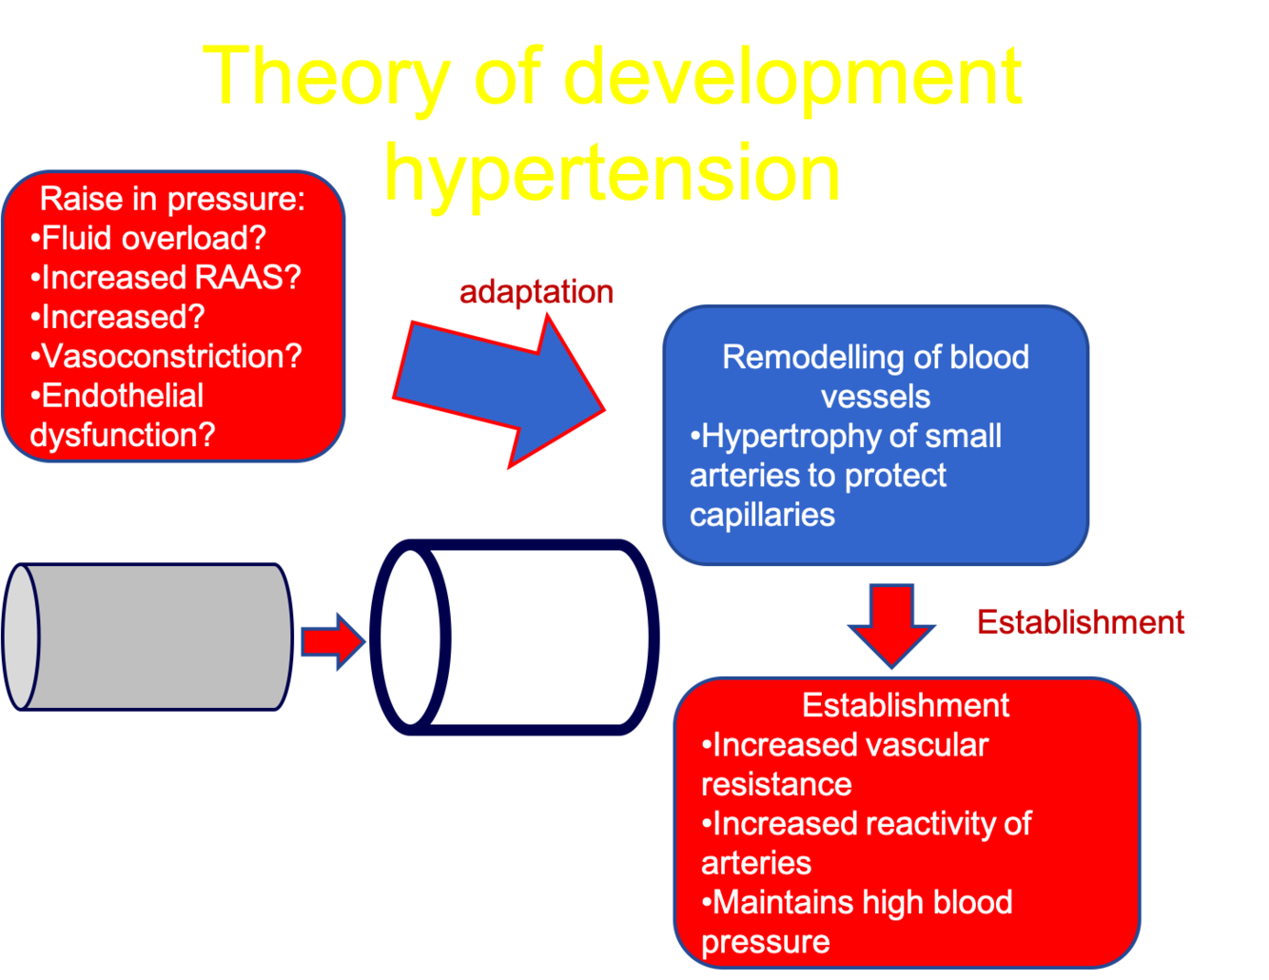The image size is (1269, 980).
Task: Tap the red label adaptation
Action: click(x=537, y=292)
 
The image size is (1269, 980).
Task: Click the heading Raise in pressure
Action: click(x=172, y=199)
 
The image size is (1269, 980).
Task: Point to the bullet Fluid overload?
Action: click(x=148, y=238)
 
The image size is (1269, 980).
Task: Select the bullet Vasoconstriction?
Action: click(x=166, y=356)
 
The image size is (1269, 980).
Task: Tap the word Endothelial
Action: click(x=123, y=396)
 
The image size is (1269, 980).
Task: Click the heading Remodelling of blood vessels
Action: click(x=875, y=376)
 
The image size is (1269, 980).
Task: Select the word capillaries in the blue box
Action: click(x=762, y=515)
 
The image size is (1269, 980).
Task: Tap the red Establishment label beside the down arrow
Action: click(x=1081, y=622)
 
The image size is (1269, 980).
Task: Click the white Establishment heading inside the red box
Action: click(x=906, y=705)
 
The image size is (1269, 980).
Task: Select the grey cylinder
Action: click(x=152, y=637)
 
